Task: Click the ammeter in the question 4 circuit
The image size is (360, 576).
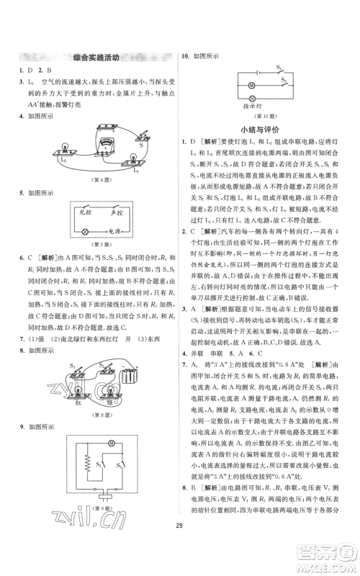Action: pos(112,137)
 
